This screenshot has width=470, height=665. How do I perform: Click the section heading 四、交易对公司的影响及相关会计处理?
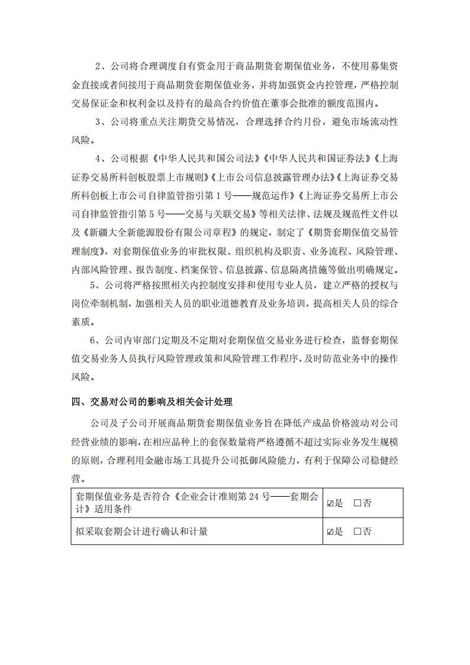pos(152,402)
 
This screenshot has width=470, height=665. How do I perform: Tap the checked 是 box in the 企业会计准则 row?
pos(330,503)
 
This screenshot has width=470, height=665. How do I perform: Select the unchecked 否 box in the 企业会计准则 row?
pos(358,503)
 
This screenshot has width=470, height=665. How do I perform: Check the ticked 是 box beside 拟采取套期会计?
pos(330,532)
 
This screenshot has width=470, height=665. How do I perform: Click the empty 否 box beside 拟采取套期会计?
pos(358,532)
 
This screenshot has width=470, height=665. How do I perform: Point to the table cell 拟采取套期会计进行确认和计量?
pos(141,532)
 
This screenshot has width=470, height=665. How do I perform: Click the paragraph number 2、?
pos(101,65)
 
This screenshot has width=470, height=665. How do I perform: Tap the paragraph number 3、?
pos(101,122)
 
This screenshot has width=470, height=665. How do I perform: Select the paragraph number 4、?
pos(101,159)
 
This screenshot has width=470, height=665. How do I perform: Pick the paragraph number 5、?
pos(95,285)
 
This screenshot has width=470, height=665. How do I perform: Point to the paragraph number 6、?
pos(95,341)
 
